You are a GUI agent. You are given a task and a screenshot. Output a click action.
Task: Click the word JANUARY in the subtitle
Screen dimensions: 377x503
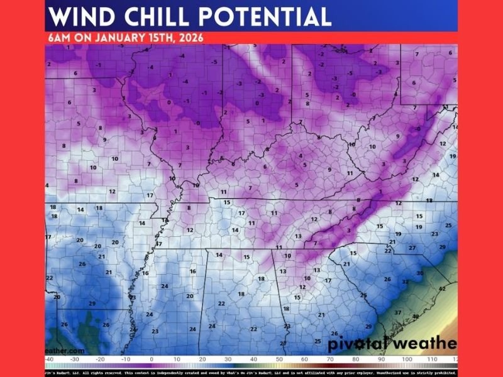coord(118,37)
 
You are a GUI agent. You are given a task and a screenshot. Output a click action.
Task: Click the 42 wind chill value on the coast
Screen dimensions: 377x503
coord(443,288)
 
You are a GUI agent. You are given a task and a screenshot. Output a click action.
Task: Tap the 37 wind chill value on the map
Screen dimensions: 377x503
coord(398,312)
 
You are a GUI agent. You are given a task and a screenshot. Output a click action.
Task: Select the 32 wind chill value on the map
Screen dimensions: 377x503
coord(406,282)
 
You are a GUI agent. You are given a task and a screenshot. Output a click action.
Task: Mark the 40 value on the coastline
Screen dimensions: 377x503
coord(416,317)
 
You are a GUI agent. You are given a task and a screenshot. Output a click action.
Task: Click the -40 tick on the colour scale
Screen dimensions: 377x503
coord(49,359)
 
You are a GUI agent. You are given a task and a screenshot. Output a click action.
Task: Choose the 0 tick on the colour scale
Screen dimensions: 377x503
coord(152,359)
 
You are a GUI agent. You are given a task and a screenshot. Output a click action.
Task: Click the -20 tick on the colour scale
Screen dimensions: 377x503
coord(100,359)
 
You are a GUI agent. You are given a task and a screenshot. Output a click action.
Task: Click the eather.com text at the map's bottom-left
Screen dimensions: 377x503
coord(65,351)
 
